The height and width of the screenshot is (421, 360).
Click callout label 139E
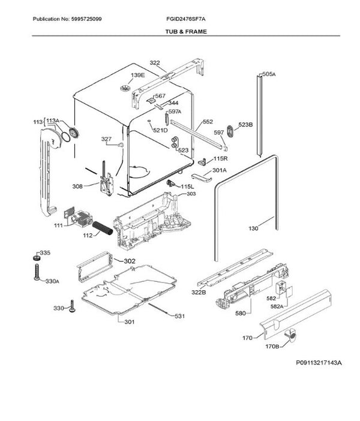139,75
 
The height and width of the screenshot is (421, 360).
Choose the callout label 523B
246,124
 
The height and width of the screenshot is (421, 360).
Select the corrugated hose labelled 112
106,231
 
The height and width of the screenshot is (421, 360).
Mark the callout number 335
45,253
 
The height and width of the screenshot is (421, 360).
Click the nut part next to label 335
36,258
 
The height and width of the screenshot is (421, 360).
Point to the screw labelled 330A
37,275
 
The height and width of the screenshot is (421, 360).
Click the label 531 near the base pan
180,316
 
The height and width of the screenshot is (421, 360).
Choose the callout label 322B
199,292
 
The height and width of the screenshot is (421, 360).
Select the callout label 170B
272,347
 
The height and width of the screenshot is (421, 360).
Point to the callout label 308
77,187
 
